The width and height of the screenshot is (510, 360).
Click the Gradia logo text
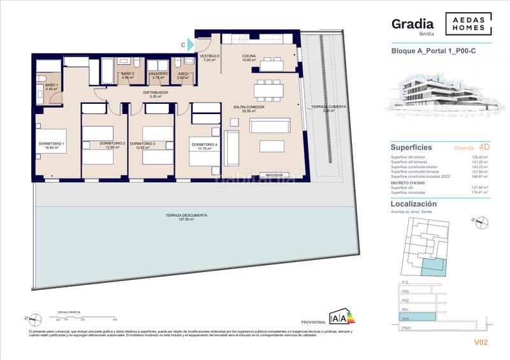pos(412,25)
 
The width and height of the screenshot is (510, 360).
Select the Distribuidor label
pos(155,93)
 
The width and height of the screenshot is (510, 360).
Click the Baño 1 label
pos(52,86)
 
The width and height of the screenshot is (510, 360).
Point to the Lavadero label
pos(159,74)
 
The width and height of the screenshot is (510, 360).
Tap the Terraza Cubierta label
pos(328,107)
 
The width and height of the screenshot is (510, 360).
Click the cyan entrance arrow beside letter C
pos(191,45)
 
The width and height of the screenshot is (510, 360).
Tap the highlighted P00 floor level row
pos(418,316)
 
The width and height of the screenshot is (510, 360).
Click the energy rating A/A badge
pos(337,317)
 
